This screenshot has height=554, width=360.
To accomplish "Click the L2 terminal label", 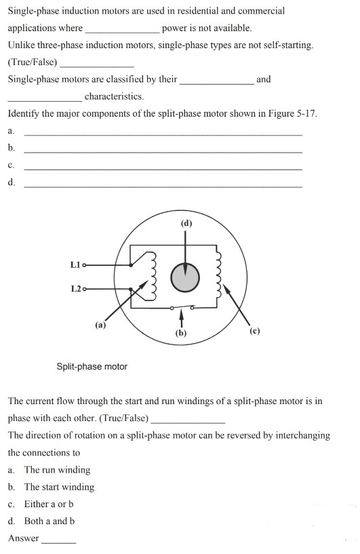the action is point(75,289).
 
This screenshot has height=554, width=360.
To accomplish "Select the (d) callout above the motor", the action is point(186,223).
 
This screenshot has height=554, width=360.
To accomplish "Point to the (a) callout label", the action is point(100,325).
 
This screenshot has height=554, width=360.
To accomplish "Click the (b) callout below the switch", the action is point(180,333).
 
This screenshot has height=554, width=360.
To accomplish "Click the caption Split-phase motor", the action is point(92,367).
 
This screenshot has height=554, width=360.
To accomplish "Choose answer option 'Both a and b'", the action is point(49,521).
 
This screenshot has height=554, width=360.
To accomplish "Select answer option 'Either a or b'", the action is point(49,504).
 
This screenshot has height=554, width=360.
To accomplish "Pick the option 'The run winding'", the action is point(57,470).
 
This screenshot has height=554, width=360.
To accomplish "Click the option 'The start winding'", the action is point(59,487).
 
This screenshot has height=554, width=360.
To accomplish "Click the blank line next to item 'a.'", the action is point(163,134).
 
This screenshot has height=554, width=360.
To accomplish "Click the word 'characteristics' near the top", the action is point(114,96).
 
